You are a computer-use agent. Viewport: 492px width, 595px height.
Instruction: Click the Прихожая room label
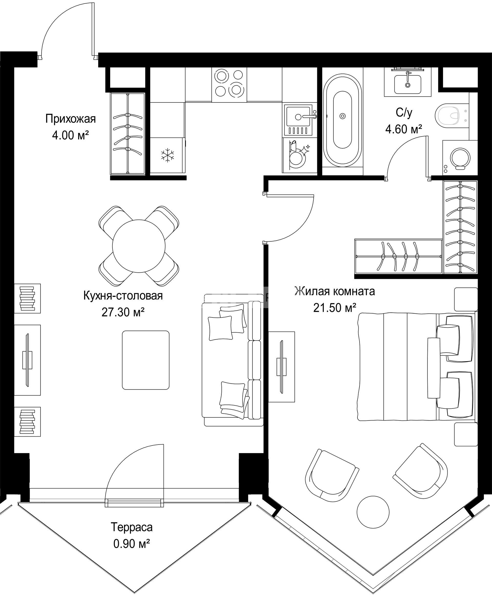pos(70,119)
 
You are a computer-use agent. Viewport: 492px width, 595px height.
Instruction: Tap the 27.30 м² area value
pos(123,312)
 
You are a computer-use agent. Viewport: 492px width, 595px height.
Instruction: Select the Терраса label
pos(131,527)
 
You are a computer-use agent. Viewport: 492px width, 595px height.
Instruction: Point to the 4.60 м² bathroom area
pos(404,129)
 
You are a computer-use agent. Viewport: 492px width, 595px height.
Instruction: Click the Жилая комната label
pos(335,291)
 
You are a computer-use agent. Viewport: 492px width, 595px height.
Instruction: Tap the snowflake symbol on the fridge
pos(168,155)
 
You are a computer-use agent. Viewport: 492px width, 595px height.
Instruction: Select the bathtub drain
pos(343,116)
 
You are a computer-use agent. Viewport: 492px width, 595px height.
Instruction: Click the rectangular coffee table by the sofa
pos(146,360)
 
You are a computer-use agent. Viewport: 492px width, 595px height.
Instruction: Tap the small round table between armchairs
pos(373,512)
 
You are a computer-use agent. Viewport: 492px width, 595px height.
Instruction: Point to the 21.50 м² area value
pos(334,307)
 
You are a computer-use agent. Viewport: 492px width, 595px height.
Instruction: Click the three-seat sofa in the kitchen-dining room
pos(232,360)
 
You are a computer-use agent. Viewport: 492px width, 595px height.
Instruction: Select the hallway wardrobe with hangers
pos(128,133)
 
